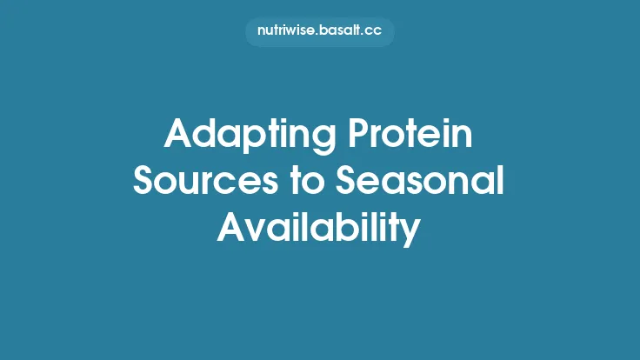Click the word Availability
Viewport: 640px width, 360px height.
pos(320,228)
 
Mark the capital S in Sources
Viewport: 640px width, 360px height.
pos(144,183)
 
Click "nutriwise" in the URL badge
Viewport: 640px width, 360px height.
pos(286,31)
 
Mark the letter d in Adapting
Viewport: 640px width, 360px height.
pos(204,137)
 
